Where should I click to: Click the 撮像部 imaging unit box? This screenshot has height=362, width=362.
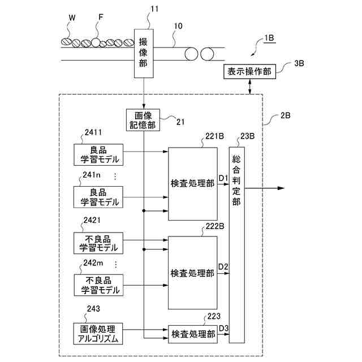144,53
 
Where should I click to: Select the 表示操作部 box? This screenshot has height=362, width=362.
249,72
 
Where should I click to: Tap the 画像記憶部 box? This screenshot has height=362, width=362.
143,120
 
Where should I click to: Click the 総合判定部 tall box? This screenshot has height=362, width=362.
236,245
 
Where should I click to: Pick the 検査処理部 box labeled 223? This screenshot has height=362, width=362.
192,334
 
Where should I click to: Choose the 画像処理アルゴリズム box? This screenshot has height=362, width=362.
98,334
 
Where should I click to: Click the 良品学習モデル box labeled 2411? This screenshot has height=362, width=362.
98,154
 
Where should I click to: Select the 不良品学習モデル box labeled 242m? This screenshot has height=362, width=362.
98,285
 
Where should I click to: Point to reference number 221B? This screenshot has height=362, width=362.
214,136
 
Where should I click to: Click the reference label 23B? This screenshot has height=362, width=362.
248,136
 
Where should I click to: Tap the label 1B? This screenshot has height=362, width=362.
269,38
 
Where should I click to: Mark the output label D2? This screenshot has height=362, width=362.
223,266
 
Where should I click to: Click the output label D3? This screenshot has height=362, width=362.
223,328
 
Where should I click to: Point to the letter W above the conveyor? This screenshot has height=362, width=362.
72,18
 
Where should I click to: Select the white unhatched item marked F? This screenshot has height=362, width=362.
96,43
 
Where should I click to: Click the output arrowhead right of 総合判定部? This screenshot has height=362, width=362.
281,188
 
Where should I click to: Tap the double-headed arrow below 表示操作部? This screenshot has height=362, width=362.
250,87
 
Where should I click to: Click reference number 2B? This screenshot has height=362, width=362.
285,115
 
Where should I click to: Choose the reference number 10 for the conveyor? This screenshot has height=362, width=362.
178,26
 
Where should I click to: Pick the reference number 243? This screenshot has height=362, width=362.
93,309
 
